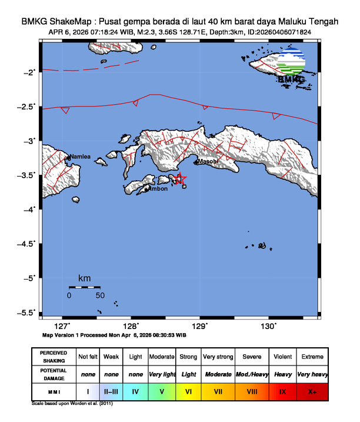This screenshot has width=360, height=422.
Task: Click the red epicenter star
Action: pyautogui.click(x=181, y=178)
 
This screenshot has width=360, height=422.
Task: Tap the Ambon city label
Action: pyautogui.click(x=158, y=189)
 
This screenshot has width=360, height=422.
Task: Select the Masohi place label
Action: pyautogui.click(x=208, y=161)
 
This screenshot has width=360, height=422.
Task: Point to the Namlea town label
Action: pyautogui.click(x=80, y=157)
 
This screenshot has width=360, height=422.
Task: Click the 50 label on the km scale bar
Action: pyautogui.click(x=100, y=295)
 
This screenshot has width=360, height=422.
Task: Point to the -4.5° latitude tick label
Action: pyautogui.click(x=26, y=243)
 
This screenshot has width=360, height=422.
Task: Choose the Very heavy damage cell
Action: pyautogui.click(x=312, y=374)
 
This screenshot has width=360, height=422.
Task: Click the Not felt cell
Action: pyautogui.click(x=88, y=357)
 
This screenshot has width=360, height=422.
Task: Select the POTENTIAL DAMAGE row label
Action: pyautogui.click(x=54, y=374)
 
